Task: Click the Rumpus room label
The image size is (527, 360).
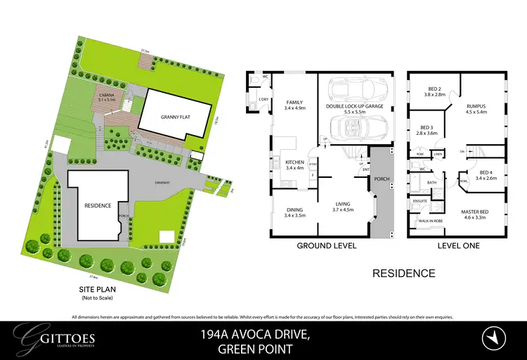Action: (x=476, y=108)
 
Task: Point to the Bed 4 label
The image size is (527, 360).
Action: (x=488, y=175)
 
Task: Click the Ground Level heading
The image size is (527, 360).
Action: (x=326, y=246)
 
